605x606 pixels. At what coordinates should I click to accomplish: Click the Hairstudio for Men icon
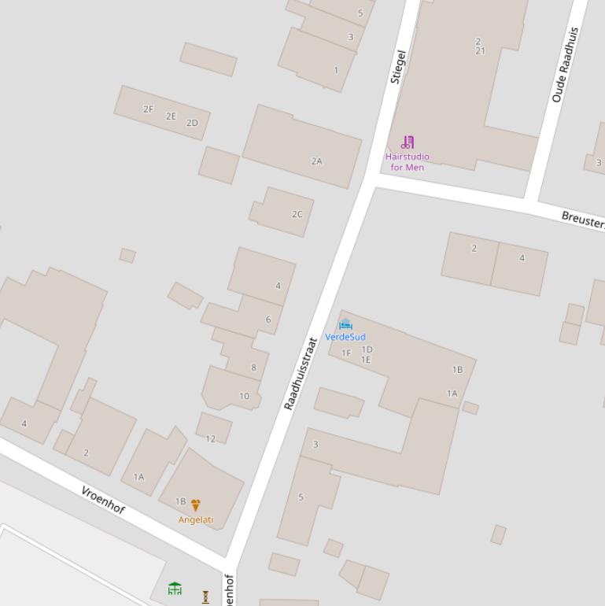coord(408,142)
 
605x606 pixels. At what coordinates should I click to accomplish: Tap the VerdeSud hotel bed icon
coord(345,324)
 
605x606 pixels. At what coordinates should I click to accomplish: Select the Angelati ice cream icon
coord(196,505)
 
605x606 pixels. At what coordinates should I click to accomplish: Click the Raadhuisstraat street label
coord(300,374)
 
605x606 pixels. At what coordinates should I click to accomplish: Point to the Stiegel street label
coord(398,67)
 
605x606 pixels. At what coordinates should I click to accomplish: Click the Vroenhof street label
coord(103,500)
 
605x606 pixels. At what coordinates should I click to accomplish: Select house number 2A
coord(316,161)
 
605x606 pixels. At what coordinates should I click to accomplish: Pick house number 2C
coord(297,214)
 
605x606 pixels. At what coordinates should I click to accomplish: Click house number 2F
coord(148,109)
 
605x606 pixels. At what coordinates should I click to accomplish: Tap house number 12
coord(210,438)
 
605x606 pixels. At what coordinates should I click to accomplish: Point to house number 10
coord(244,396)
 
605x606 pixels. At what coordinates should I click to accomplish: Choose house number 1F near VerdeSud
coord(346,353)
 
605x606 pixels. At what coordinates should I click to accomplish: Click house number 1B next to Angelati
coord(181,501)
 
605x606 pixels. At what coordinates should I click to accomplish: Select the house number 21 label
coord(480,51)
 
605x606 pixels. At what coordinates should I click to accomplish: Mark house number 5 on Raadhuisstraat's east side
coord(301,497)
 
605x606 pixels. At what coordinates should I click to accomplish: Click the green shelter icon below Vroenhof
coord(175,588)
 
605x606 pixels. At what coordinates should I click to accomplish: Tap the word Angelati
coord(196,519)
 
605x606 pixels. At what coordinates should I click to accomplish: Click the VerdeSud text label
coord(345,337)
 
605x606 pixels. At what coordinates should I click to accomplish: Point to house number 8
coord(253,368)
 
